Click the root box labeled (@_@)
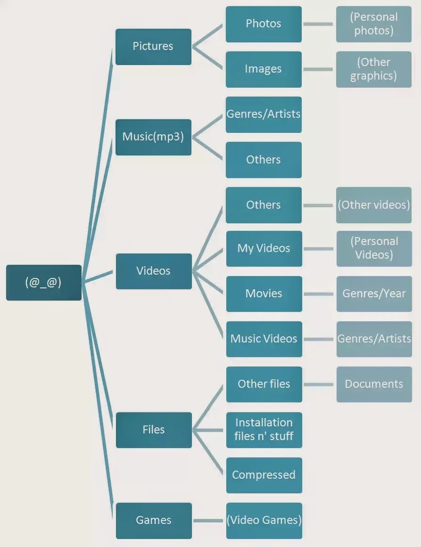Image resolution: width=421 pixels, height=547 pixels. pyautogui.click(x=44, y=283)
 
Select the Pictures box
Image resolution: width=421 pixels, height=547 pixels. pyautogui.click(x=153, y=47)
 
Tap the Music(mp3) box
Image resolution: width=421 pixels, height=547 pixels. pyautogui.click(x=153, y=137)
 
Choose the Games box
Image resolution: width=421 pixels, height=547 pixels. pyautogui.click(x=154, y=521)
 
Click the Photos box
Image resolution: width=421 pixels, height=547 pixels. pyautogui.click(x=264, y=24)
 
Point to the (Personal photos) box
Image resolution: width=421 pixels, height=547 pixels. pyautogui.click(x=374, y=24)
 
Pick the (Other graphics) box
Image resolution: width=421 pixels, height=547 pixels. pyautogui.click(x=374, y=69)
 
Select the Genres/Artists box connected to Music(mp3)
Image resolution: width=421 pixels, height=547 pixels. pyautogui.click(x=264, y=114)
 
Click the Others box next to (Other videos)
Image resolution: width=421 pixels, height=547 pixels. pyautogui.click(x=264, y=205)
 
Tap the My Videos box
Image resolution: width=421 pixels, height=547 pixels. pyautogui.click(x=264, y=249)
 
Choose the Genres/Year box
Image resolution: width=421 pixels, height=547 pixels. pyautogui.click(x=374, y=294)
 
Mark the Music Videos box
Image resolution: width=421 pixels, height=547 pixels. pyautogui.click(x=264, y=339)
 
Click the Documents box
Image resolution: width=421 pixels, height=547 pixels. pyautogui.click(x=374, y=384)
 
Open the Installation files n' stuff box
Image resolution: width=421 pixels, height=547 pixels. pyautogui.click(x=264, y=430)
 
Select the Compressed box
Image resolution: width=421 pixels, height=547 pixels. pyautogui.click(x=264, y=475)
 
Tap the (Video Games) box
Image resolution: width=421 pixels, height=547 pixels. pyautogui.click(x=264, y=521)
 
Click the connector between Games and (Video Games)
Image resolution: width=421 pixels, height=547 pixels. pyautogui.click(x=209, y=521)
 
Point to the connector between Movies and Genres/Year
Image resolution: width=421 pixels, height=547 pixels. pyautogui.click(x=319, y=294)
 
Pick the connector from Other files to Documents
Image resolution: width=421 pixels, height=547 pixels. pyautogui.click(x=319, y=384)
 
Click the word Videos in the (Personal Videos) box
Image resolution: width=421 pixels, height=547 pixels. pyautogui.click(x=374, y=255)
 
